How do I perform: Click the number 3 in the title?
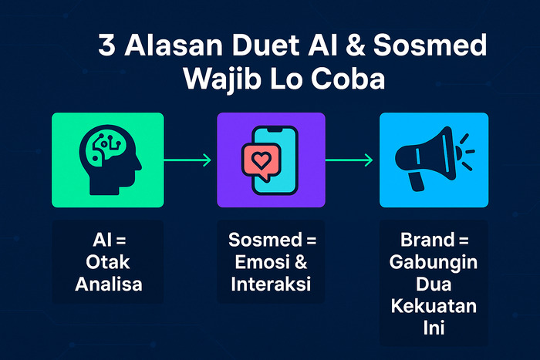point(106,45)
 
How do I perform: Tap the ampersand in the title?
point(355,45)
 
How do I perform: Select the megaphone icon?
point(434,159)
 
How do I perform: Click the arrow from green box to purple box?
point(187,160)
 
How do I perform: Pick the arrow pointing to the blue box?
point(349,160)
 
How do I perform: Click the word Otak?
point(108,262)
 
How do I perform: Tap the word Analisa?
point(109,284)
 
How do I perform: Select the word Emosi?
point(262,262)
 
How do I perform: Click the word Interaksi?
point(271,284)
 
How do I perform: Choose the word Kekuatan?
point(434,306)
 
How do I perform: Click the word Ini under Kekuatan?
point(434,328)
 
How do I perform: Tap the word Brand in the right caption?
point(427,240)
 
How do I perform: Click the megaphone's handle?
point(416,181)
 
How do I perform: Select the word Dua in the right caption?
point(434,284)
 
